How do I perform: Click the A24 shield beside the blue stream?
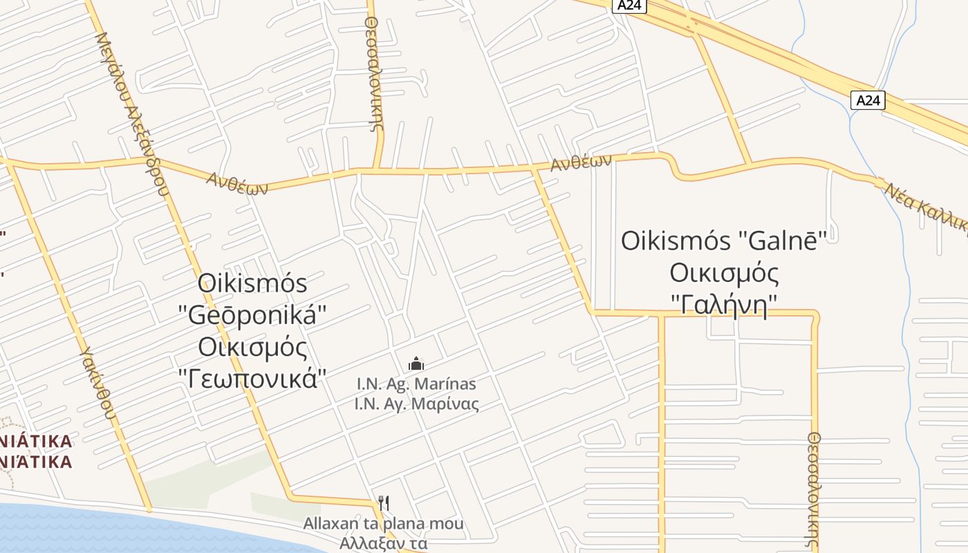point(868,100)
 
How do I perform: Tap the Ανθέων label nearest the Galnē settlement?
point(581,163)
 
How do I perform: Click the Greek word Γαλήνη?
point(724,304)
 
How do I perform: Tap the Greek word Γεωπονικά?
point(252,378)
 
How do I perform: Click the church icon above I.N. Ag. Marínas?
point(416,363)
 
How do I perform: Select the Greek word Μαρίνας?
point(445,404)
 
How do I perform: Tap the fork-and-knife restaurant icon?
point(384,503)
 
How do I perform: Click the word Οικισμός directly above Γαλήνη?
point(724,273)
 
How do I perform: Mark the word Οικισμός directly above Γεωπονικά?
point(252,347)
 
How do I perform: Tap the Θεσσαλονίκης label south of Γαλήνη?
point(815,491)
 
